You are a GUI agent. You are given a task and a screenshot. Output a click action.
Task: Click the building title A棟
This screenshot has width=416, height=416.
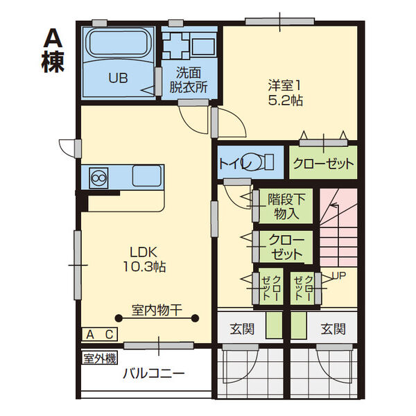(x=53, y=51)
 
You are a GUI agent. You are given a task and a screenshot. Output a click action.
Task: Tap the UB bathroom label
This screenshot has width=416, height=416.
(x=117, y=78)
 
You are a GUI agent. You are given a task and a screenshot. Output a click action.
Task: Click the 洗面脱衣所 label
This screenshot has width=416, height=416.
(x=189, y=79)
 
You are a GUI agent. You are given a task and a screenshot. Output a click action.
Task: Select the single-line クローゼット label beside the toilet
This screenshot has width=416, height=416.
(x=323, y=164)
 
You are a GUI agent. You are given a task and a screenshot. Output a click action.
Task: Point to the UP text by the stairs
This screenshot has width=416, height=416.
(x=338, y=275)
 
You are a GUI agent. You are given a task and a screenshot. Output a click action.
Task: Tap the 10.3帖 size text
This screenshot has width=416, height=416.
(x=145, y=266)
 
